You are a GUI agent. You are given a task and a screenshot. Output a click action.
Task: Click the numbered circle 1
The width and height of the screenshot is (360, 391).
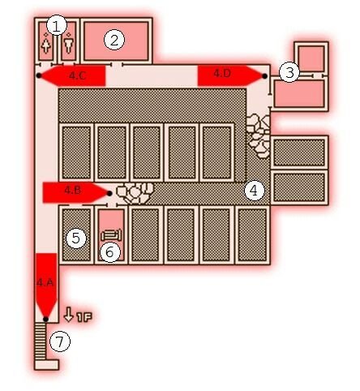point(57,26)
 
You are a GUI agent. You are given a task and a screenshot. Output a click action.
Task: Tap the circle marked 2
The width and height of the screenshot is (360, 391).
point(114,41)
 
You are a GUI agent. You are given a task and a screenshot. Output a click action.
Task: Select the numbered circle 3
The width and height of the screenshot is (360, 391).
point(289,72)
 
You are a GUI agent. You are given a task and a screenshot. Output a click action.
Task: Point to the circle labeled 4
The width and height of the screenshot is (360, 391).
point(255,191)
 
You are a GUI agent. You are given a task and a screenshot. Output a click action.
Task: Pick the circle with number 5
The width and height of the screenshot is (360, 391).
point(76,238)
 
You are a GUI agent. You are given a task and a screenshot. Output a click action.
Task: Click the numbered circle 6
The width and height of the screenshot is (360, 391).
point(110,252)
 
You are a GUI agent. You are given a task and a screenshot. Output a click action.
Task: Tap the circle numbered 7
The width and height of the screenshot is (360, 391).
point(60,342)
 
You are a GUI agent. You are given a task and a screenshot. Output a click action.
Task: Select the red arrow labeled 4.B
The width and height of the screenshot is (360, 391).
point(76,192)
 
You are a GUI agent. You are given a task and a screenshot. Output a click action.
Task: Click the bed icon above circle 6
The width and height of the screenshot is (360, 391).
point(112,234)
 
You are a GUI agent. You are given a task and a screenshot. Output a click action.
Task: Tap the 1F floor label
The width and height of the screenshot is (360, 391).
point(84,317)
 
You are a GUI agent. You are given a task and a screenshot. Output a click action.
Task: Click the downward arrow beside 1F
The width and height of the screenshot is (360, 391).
point(69,314)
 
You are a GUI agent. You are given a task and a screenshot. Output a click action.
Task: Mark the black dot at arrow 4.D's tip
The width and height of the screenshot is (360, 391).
point(264,76)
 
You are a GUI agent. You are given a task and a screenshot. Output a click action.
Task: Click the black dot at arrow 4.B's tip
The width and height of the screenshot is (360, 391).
point(109,193)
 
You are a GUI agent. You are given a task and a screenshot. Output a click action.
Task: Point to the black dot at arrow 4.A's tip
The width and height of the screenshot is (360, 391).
point(46,319)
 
